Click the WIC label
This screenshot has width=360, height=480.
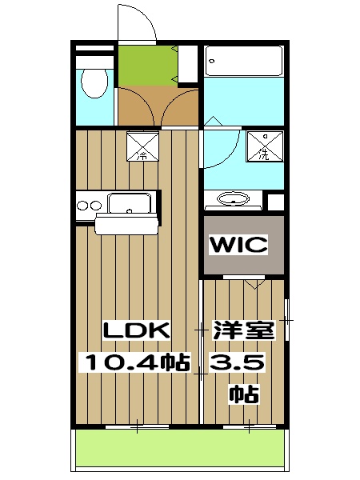click(x=238, y=245)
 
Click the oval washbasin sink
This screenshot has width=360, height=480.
click(x=234, y=199)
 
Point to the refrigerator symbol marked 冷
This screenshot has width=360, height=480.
click(x=142, y=145)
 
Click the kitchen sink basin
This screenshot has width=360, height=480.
click(x=130, y=204)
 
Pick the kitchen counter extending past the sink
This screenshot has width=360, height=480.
click(x=128, y=225)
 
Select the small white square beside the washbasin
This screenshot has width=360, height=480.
click(x=276, y=201)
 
